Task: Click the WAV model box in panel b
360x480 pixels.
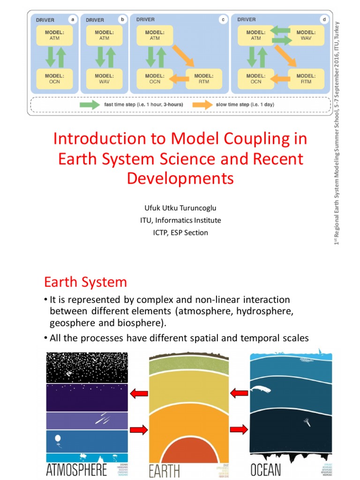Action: coord(104,78)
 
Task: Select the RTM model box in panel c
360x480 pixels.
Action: coord(205,78)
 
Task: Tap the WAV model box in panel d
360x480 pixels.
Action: coord(306,35)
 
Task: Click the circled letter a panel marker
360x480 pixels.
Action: coord(72,20)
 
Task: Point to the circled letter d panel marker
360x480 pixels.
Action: coord(323,20)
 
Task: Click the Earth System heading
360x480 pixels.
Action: coord(85,282)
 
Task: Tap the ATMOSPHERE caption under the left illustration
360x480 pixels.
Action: coord(76,469)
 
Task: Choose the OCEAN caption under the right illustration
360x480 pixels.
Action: coord(265,469)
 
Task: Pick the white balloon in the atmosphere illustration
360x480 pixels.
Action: coord(58,439)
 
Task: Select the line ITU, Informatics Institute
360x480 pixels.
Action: coord(180,220)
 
